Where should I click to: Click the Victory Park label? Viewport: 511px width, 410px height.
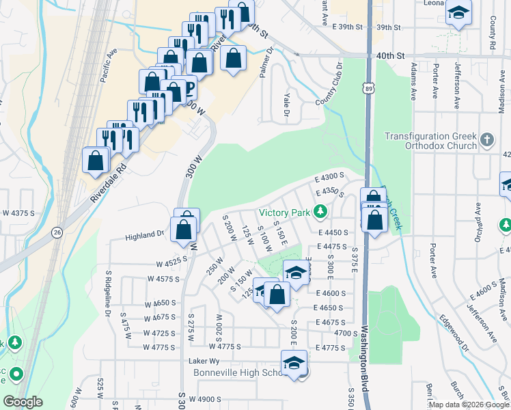point(284,212)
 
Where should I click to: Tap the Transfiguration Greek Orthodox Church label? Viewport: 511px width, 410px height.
point(430,141)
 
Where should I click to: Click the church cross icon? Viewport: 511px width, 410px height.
point(486,140)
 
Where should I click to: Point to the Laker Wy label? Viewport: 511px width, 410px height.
point(204,361)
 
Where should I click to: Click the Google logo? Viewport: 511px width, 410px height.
point(23,402)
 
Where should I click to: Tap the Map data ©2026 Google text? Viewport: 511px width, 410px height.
point(468,405)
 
